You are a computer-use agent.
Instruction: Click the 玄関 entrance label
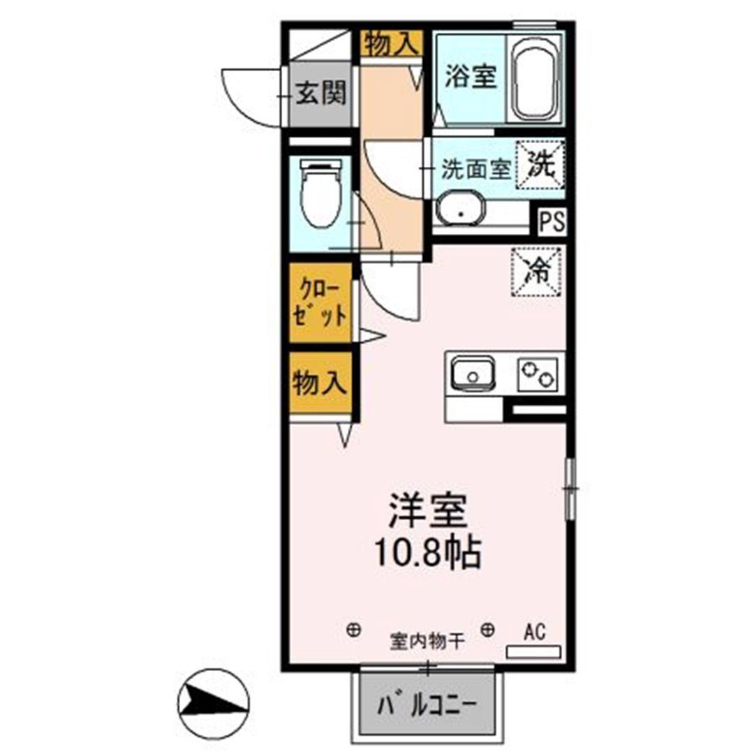[320, 93]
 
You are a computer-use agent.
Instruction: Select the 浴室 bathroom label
[471, 77]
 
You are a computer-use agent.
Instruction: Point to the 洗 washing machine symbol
[540, 165]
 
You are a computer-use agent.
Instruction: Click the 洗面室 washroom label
[474, 170]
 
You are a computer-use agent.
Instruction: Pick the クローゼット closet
[320, 304]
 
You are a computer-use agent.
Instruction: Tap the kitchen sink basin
[473, 376]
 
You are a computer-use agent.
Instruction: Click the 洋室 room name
[427, 512]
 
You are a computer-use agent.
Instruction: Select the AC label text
[534, 633]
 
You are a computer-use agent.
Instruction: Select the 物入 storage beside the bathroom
[392, 45]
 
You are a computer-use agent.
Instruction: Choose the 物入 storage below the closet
[320, 383]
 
